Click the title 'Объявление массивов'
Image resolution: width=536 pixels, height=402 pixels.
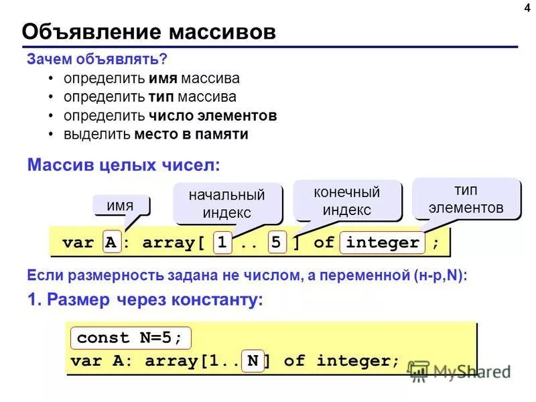pos(149,32)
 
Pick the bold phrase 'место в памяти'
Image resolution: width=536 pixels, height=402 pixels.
pos(191,134)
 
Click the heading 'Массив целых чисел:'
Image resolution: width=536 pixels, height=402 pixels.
pos(123,164)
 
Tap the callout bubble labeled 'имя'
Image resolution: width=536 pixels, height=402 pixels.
pos(121,205)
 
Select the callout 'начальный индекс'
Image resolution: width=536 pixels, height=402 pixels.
pos(226,204)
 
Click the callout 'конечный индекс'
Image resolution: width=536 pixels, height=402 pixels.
pos(346,200)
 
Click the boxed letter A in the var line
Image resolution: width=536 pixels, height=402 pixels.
pos(111,243)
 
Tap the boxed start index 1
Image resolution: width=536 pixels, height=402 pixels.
pos(222,243)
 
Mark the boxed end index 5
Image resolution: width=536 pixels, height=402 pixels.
pos(275,243)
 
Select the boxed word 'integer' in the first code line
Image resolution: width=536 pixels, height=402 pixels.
pos(383,243)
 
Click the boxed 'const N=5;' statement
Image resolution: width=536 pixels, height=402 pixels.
pos(130,338)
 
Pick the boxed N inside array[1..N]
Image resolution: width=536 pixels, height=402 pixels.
pos(252,361)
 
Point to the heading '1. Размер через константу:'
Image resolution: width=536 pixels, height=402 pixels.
pos(145,301)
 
